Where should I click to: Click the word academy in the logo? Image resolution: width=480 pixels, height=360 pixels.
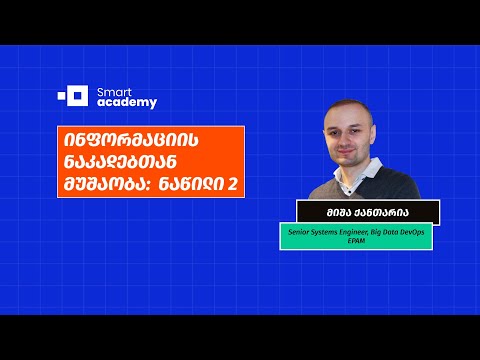tap(126, 102)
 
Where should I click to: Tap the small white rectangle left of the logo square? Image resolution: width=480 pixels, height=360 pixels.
tap(60, 97)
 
